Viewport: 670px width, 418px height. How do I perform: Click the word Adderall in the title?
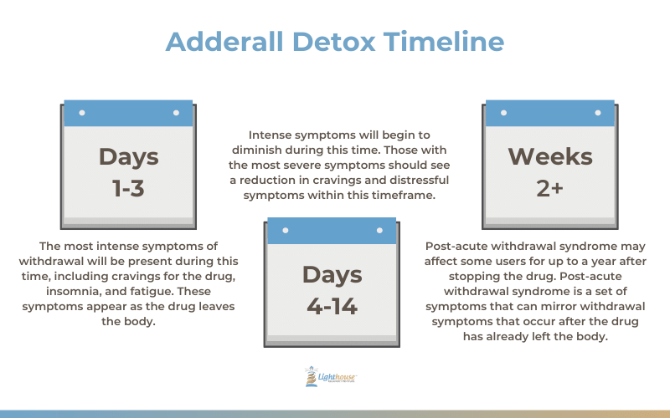click(224, 41)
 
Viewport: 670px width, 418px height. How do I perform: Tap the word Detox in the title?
click(333, 41)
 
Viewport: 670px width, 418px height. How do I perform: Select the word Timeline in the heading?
click(444, 41)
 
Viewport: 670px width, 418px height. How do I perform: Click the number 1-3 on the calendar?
click(128, 188)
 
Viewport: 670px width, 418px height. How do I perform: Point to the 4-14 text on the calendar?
click(332, 306)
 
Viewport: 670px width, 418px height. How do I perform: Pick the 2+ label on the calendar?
click(550, 188)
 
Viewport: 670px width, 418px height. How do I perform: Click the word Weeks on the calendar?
click(550, 156)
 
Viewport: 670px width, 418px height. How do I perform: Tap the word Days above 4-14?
click(332, 275)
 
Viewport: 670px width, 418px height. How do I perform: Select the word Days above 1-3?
click(129, 157)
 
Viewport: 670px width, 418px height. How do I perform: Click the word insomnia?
click(68, 291)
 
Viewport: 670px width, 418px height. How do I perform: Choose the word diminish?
click(257, 150)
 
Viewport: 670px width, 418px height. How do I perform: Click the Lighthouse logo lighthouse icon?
click(311, 376)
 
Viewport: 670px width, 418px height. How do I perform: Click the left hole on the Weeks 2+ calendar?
click(504, 113)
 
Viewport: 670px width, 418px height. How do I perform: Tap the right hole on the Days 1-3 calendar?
click(176, 113)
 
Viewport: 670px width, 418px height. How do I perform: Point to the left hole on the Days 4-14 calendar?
click(286, 231)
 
